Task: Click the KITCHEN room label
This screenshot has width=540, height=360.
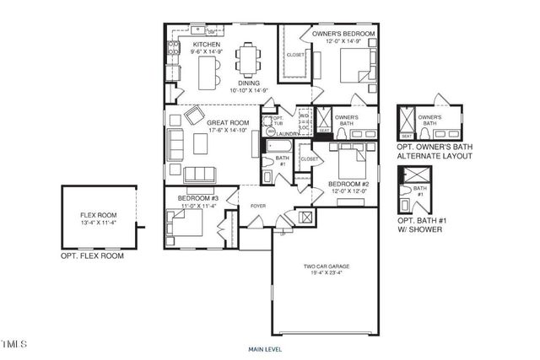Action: (x=207, y=44)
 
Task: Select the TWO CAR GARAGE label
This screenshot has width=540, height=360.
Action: (x=327, y=266)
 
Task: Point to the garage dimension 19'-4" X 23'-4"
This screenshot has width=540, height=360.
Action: (x=327, y=275)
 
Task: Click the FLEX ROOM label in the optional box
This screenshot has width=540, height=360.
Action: (x=98, y=216)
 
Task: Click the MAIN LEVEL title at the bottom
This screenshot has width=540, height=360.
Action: (x=265, y=348)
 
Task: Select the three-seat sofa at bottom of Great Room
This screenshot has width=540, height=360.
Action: (x=199, y=174)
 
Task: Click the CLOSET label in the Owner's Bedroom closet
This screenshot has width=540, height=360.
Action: (x=295, y=55)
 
